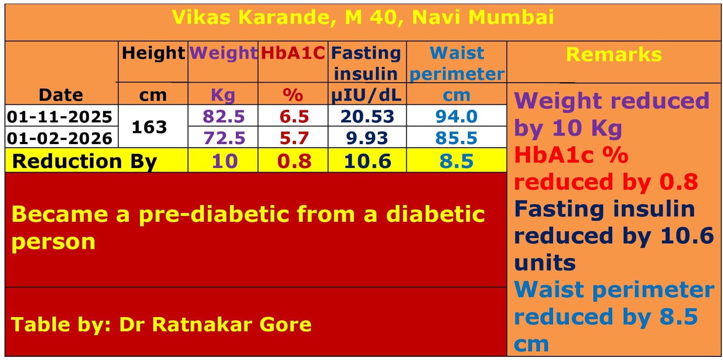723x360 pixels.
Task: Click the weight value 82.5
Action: coord(223,117)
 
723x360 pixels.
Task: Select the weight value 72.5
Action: coord(224,138)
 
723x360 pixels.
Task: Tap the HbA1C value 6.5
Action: coord(294,117)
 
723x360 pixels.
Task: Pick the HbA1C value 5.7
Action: coord(294,138)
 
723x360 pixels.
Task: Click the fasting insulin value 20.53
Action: coord(367,117)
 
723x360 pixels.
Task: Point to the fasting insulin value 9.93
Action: coord(367,138)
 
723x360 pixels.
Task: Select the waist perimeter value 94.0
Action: coord(456,117)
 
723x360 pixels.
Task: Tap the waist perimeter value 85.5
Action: coord(456,138)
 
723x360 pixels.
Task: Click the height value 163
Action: coord(149,127)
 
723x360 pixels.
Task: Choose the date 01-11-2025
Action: coord(60,117)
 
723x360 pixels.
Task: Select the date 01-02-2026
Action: coord(60,138)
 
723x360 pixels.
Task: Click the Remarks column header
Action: coord(614,55)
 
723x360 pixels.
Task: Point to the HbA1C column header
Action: coord(293,53)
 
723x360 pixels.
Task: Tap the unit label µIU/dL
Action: coord(366,95)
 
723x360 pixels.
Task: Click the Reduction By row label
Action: coord(85,161)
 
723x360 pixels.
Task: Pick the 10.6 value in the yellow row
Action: coord(367,161)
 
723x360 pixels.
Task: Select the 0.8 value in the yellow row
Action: coord(294,161)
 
